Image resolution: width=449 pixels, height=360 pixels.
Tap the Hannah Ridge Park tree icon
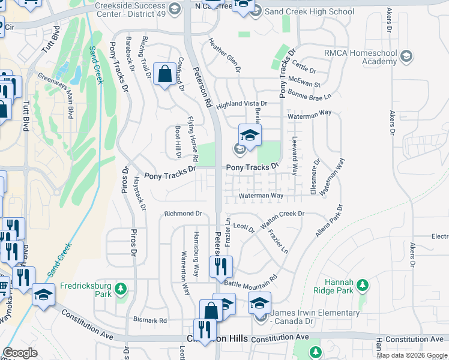[362, 285]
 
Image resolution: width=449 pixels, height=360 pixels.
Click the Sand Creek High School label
[310, 11]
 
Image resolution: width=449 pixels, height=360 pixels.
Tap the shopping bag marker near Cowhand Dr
[164, 75]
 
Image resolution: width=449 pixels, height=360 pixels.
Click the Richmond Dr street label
[184, 214]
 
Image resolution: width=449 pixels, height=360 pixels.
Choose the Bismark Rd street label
[150, 320]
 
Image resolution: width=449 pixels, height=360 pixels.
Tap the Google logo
[20, 353]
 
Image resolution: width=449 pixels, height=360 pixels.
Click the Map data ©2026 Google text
[412, 355]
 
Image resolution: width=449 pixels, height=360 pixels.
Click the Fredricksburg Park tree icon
[121, 289]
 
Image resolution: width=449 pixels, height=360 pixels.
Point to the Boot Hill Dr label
[178, 142]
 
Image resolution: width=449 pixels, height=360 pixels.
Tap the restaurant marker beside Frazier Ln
[221, 265]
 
